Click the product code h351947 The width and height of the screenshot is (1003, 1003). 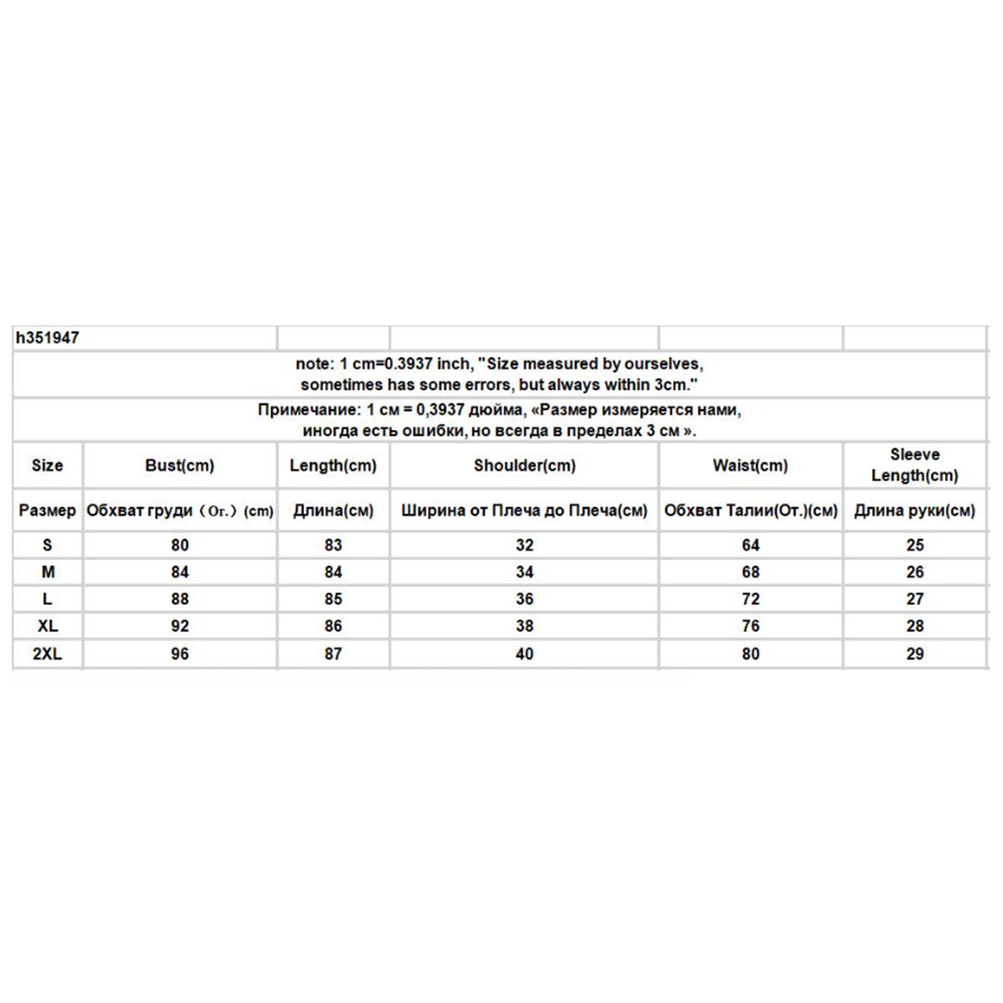click(48, 339)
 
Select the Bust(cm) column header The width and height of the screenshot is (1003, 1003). click(180, 466)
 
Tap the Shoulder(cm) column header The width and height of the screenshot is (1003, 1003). click(525, 466)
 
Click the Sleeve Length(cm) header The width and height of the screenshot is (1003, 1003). click(915, 465)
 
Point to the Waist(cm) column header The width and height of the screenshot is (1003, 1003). click(750, 466)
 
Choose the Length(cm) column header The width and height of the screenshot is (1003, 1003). click(333, 466)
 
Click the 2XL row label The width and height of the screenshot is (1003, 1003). click(48, 654)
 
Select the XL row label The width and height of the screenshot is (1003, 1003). click(48, 626)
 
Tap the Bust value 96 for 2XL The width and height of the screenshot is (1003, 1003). click(180, 654)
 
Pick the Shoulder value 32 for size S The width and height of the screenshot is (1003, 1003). click(525, 545)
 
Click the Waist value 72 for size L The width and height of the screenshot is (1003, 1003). click(750, 599)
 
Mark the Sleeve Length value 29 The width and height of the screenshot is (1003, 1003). click(915, 654)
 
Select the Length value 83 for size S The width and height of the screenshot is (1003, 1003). click(333, 545)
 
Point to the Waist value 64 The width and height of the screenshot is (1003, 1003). click(750, 545)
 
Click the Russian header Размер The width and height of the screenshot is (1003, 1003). click(48, 510)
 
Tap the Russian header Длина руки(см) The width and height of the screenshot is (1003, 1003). click(915, 511)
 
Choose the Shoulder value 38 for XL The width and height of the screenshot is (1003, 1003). click(525, 626)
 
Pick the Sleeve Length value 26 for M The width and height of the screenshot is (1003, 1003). click(915, 572)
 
